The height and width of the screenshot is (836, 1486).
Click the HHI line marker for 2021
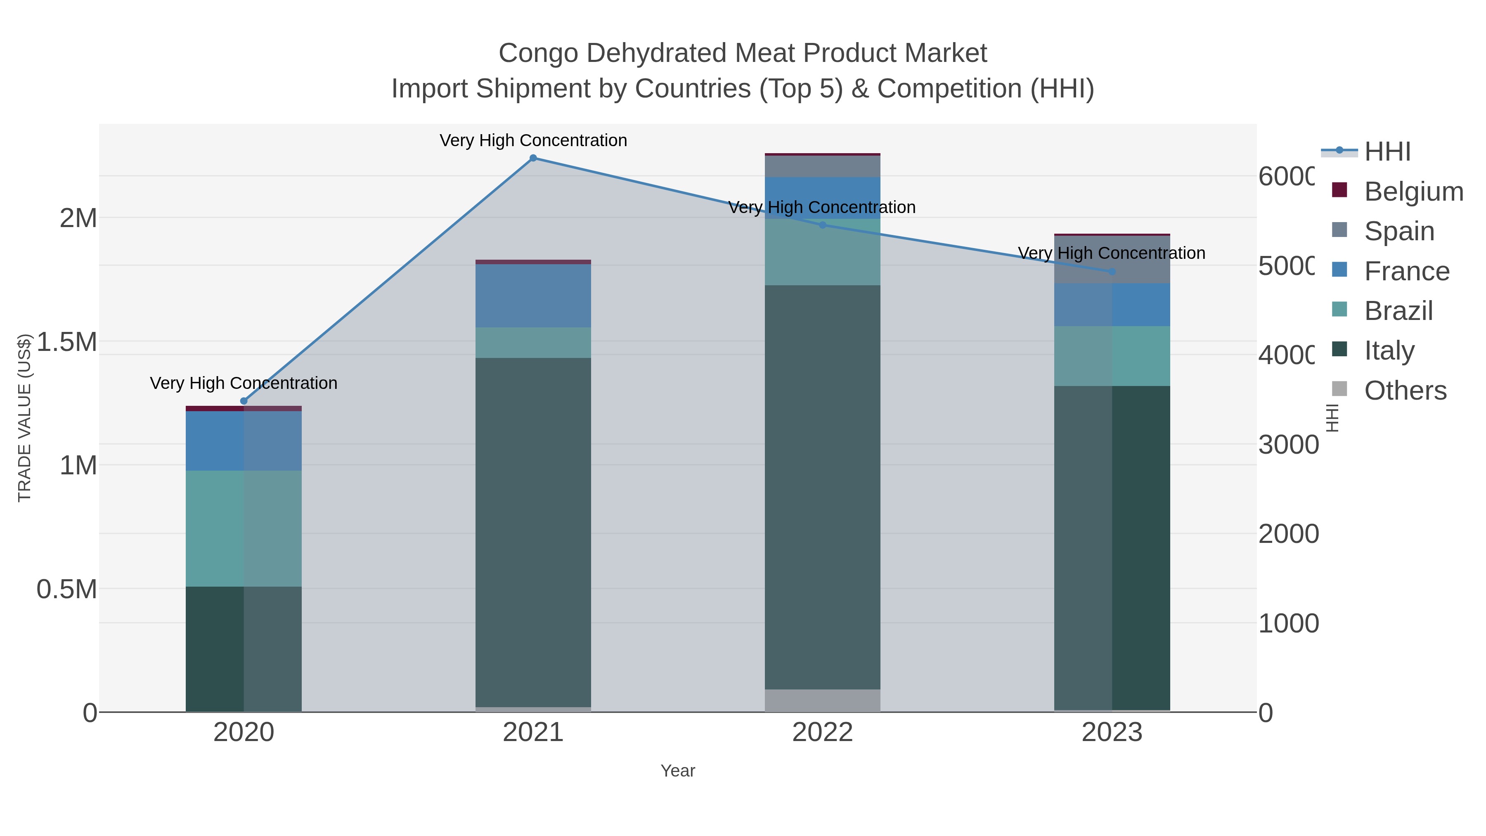tap(533, 158)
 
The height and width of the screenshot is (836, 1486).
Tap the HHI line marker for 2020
tap(244, 401)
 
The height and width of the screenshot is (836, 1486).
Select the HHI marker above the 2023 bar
tap(1112, 272)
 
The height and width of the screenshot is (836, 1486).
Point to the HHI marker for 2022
tap(823, 225)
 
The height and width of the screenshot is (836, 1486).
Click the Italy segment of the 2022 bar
tap(823, 488)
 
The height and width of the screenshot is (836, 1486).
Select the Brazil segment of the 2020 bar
tap(244, 528)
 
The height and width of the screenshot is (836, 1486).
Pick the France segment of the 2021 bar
tap(533, 296)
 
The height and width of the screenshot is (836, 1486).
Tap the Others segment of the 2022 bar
tap(823, 701)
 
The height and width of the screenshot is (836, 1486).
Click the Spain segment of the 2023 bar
tap(1112, 260)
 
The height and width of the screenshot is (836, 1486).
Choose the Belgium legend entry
tap(1413, 192)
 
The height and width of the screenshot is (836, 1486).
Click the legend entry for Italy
tap(1389, 350)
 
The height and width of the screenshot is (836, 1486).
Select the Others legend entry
tap(1405, 391)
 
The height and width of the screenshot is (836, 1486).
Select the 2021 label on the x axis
tap(533, 733)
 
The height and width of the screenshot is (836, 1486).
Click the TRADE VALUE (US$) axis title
tap(24, 418)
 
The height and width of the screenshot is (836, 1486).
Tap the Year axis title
tap(678, 771)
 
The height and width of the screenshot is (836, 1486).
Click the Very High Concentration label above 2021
tap(533, 140)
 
